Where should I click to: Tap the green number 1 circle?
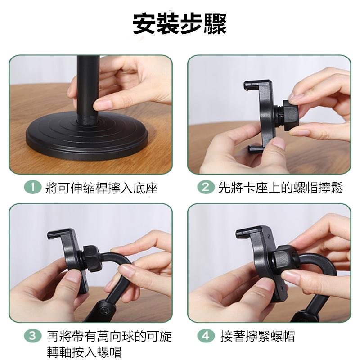point(30,188)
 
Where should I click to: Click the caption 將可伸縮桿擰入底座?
point(102,188)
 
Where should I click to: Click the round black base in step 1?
point(81,135)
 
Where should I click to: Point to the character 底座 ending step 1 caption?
point(147,188)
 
